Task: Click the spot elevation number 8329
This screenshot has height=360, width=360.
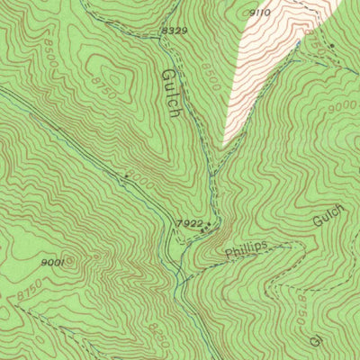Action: [x=175, y=31]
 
